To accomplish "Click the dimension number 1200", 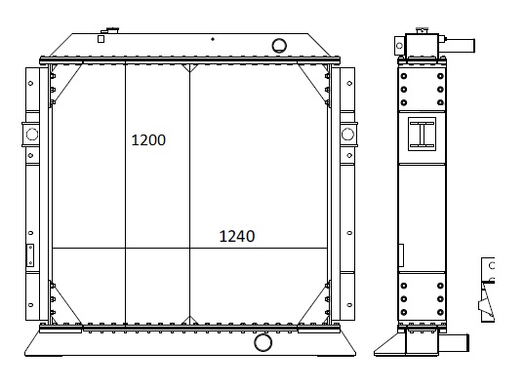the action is [x=148, y=140].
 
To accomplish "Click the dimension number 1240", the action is [x=237, y=237].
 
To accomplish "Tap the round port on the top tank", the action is [x=279, y=46].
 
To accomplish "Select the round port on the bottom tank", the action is [x=262, y=342].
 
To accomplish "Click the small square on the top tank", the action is [x=101, y=39].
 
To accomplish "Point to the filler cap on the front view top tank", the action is [x=110, y=30].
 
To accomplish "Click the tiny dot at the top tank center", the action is [x=213, y=39].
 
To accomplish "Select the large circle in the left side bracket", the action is [x=32, y=135].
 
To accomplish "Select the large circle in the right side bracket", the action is [x=347, y=135].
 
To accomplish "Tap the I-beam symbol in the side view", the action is [x=422, y=134].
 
